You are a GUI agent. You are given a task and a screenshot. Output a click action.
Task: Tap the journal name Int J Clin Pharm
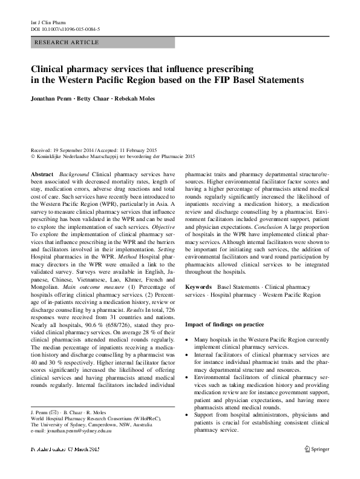(x=47, y=22)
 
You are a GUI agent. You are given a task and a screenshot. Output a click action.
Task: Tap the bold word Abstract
(x=41, y=174)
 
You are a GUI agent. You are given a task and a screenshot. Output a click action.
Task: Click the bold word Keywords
(x=198, y=285)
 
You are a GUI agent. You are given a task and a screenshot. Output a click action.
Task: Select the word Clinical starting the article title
(x=50, y=69)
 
